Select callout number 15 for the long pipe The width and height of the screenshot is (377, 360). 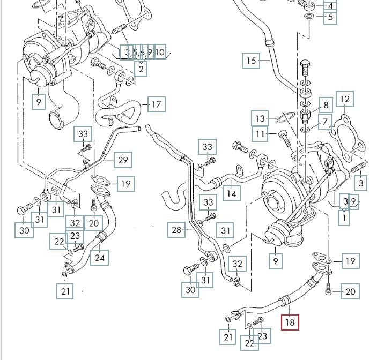pos(252,61)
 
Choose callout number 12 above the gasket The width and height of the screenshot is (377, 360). pos(345,99)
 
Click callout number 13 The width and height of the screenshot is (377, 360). pos(261,118)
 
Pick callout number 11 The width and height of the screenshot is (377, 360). pos(261,133)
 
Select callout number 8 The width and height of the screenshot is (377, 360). pos(325,105)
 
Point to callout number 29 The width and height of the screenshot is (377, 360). pos(123,160)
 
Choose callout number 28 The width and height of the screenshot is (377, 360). pos(177,231)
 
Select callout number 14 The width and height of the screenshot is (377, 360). pos(231,192)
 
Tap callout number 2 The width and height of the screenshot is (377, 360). pos(141,69)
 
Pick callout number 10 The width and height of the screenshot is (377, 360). pos(160,52)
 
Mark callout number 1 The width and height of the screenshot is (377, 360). pos(343,217)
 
